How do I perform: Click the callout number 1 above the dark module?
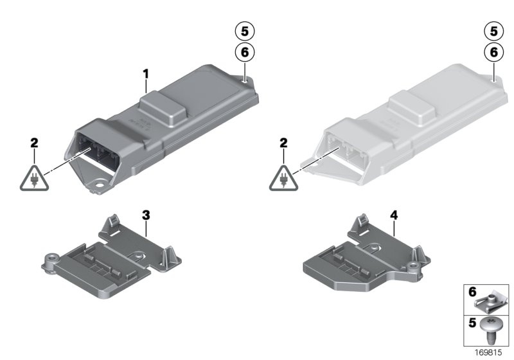146,75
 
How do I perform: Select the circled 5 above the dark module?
244,30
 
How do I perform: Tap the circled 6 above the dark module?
244,52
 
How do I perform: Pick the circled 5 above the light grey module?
493,30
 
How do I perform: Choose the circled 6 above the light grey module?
493,52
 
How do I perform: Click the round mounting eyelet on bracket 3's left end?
49,262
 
